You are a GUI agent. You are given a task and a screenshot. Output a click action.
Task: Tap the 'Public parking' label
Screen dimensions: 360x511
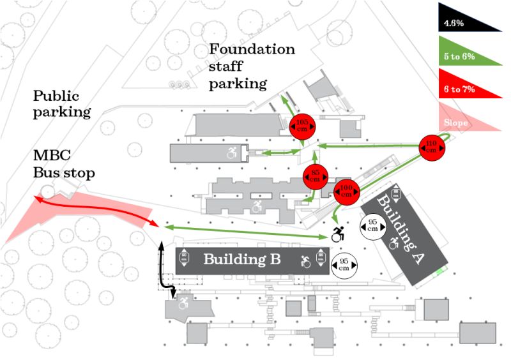[x=62, y=104]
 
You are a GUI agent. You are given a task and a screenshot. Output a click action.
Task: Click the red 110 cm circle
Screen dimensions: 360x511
[x=431, y=147]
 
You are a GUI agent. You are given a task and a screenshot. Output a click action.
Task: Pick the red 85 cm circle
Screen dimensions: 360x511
[x=315, y=176]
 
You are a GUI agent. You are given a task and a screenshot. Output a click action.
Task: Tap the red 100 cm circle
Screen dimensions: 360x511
[x=347, y=191]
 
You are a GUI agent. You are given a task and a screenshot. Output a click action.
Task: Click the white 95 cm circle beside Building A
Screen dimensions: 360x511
[x=372, y=225]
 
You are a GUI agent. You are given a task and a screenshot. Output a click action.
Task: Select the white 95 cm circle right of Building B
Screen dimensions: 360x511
[x=344, y=264]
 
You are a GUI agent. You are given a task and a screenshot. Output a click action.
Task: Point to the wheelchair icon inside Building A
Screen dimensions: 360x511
[x=394, y=243]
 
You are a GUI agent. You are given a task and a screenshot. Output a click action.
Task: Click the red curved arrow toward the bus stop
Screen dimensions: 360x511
[x=96, y=211]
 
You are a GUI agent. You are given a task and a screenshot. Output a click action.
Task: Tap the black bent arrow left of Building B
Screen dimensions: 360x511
[x=164, y=271]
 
